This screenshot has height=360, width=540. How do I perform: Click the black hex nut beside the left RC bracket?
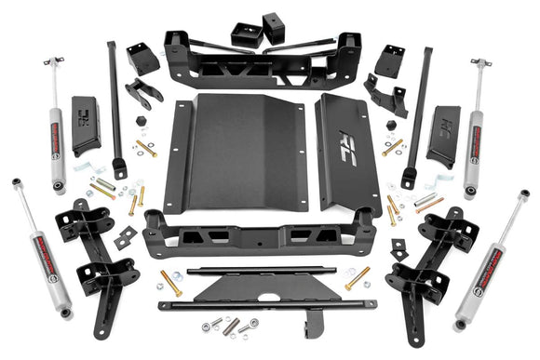[141, 122]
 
